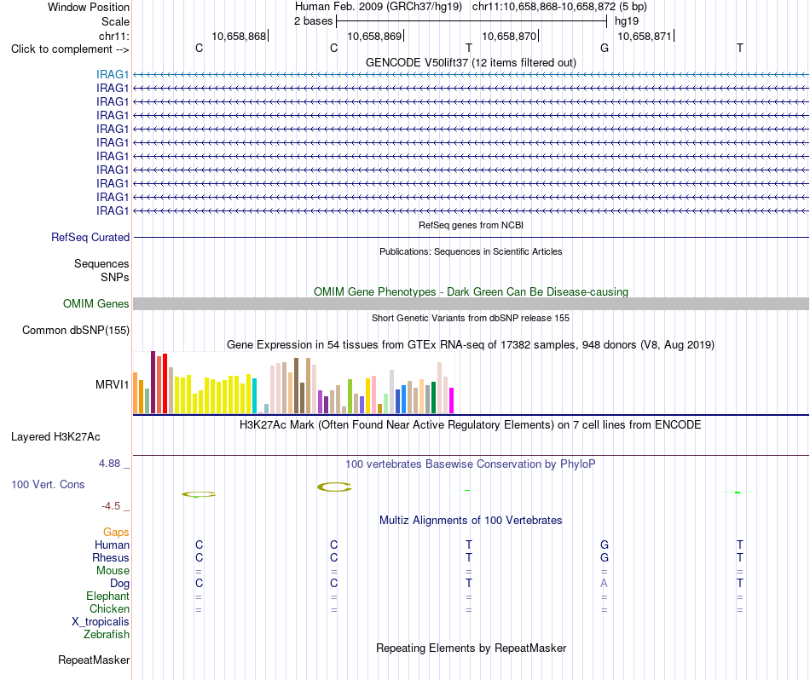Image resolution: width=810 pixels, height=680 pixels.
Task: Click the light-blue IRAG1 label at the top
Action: coord(112,74)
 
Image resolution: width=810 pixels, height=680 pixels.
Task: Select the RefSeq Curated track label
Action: coord(90,238)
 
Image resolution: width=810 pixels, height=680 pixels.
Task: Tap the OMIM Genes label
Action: coord(96,303)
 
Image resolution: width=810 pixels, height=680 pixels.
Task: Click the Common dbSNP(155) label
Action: coord(76,331)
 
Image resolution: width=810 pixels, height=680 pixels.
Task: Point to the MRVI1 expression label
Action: coord(112,384)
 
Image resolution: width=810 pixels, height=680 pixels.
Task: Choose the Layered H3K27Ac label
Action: coord(55,437)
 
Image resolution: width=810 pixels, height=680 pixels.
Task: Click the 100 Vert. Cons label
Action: coord(48,484)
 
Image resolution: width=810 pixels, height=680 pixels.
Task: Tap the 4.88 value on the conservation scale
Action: coord(109,464)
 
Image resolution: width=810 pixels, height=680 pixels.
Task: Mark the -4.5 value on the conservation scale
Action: coord(111,506)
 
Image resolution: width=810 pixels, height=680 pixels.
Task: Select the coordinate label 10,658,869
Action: coord(374,36)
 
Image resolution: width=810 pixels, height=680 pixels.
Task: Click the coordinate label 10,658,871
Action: coord(645,36)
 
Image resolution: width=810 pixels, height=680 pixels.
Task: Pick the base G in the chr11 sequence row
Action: coord(605,48)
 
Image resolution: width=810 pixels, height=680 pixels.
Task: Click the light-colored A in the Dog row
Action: coord(604,584)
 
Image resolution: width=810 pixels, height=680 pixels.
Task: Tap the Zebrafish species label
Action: coord(107,635)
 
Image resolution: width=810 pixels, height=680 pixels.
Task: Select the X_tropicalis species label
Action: coord(101,622)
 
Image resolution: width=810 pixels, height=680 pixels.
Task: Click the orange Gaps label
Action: coord(116,533)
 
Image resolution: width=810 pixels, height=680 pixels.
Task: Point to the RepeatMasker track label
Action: coord(94,660)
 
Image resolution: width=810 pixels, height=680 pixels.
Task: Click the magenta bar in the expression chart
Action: coord(452,401)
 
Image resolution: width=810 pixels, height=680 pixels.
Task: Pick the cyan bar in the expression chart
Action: coord(254,396)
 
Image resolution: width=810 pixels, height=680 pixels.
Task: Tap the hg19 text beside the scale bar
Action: coord(627,21)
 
